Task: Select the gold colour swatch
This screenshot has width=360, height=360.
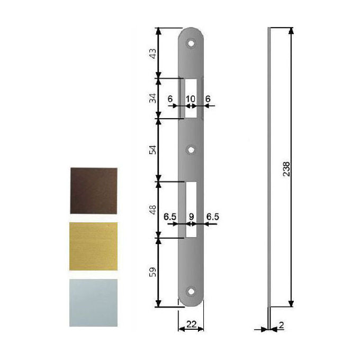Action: coord(93,246)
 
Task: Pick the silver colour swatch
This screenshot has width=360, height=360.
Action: coord(93,302)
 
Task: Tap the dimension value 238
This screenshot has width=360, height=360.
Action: coord(286,168)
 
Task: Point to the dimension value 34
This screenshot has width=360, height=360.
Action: coord(151,98)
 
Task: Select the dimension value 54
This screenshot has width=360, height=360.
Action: coord(151,150)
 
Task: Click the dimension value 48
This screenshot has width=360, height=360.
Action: coord(151,209)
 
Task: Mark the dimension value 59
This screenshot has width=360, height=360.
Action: coord(151,272)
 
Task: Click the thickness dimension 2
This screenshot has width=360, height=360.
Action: coord(281,326)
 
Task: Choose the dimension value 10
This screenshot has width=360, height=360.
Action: coord(191,98)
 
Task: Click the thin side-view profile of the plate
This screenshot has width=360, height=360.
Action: coord(270,169)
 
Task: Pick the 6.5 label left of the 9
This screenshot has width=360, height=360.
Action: coord(170,217)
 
